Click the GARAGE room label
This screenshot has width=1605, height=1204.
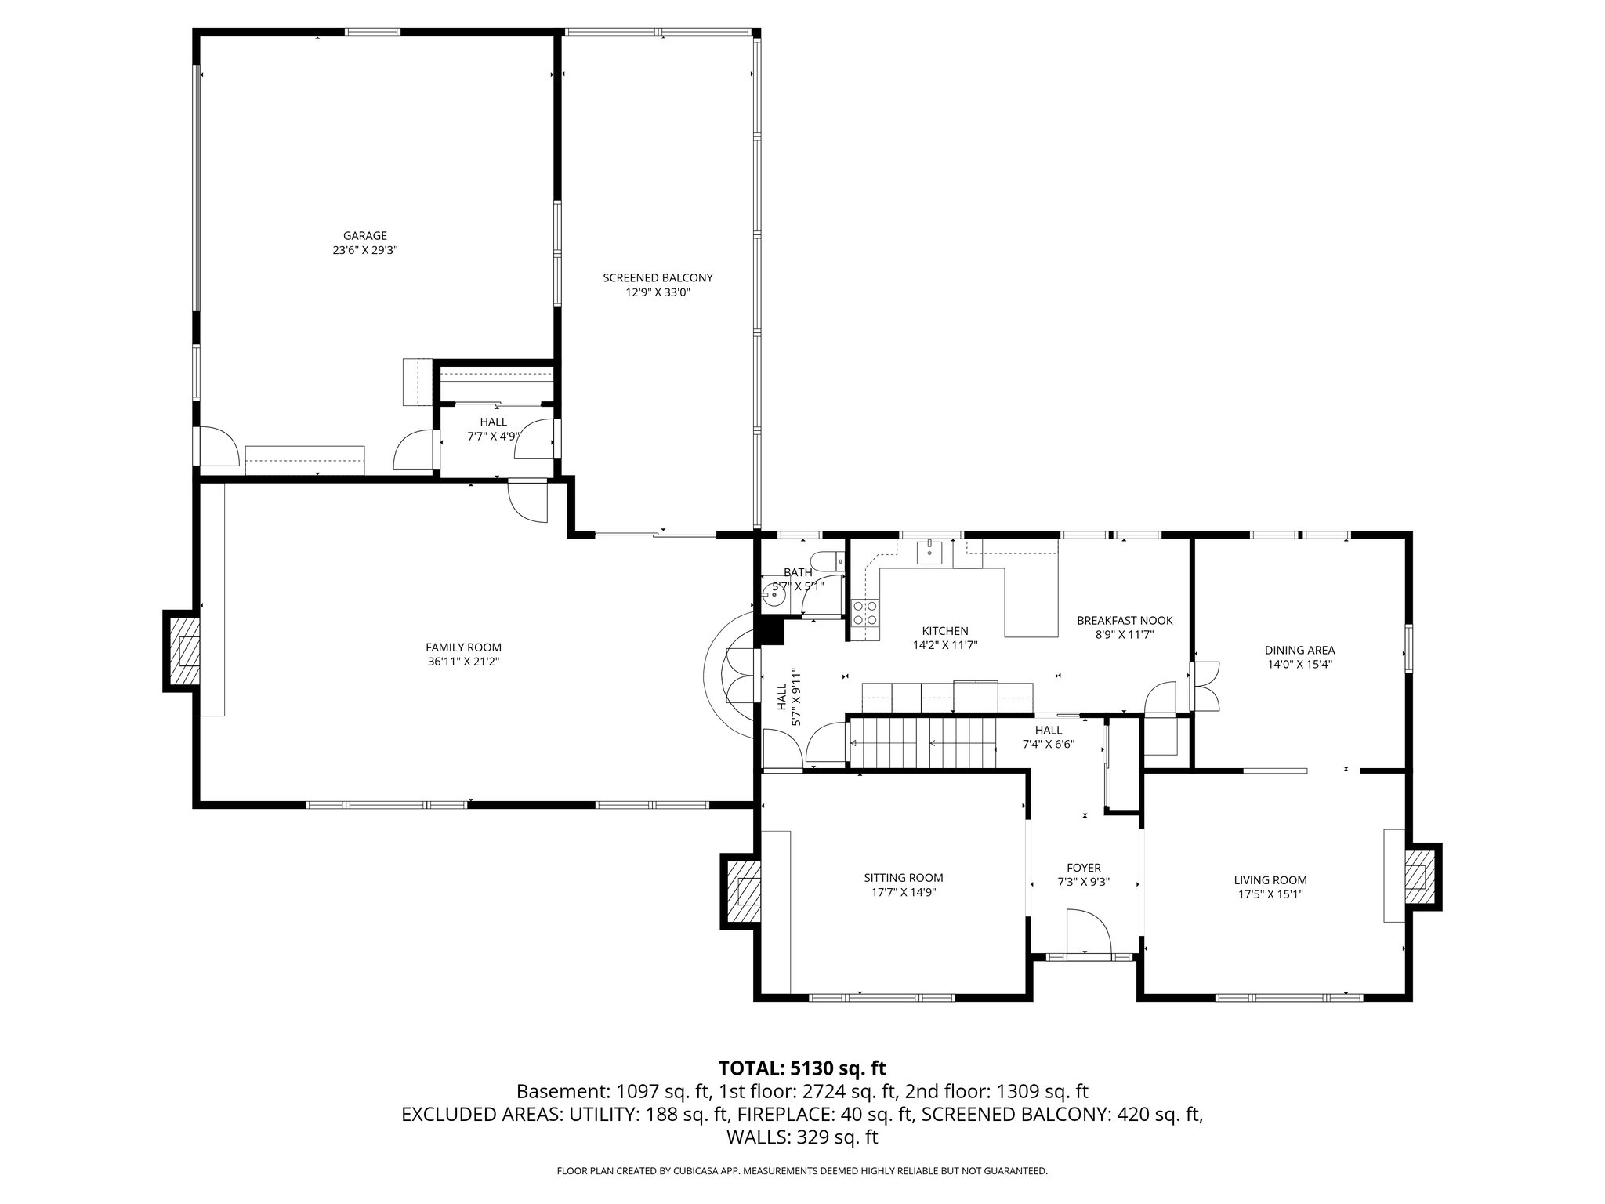click(x=364, y=236)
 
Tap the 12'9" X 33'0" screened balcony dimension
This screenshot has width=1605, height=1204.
click(x=658, y=292)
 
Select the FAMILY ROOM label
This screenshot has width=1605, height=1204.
click(x=463, y=647)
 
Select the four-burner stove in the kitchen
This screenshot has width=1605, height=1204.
click(x=866, y=612)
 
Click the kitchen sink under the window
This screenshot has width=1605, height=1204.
click(x=930, y=551)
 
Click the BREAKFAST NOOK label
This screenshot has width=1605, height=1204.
click(x=1124, y=620)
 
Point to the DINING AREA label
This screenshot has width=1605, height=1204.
click(x=1299, y=650)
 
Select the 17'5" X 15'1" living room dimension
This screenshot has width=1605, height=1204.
click(x=1270, y=894)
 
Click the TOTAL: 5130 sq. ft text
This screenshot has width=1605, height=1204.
click(x=802, y=1068)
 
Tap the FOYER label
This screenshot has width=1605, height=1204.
click(x=1083, y=868)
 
